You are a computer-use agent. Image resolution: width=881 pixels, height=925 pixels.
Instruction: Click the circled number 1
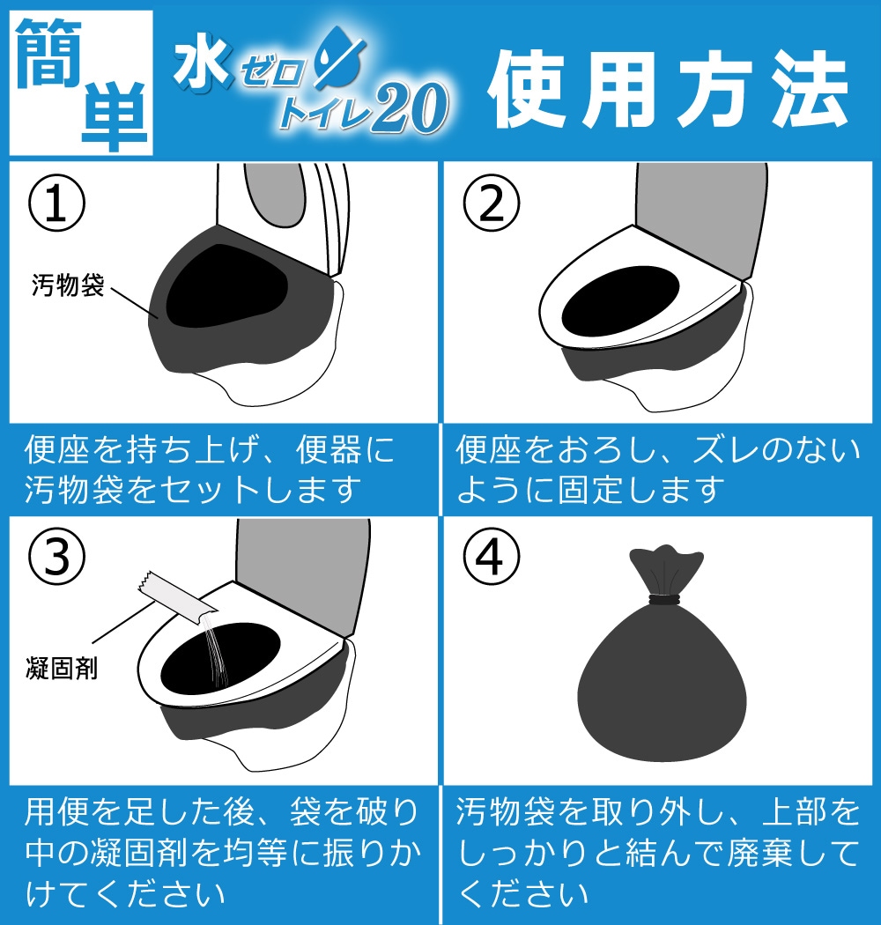57,203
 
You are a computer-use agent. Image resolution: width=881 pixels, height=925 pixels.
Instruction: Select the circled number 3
57,556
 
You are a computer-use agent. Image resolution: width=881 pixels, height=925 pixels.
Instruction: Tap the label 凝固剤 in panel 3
61,669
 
